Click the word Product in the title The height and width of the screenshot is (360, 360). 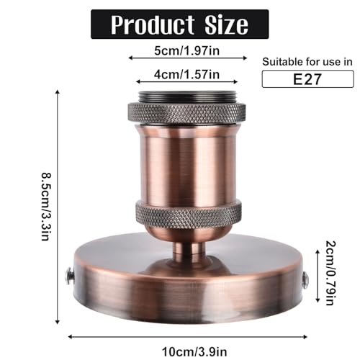click(152, 24)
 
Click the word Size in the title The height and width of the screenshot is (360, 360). click(226, 24)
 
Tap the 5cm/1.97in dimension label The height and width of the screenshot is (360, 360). click(186, 51)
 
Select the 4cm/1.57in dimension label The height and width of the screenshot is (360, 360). click(186, 75)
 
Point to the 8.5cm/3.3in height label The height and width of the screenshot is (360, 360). click(45, 206)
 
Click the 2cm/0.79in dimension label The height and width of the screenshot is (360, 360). click(330, 273)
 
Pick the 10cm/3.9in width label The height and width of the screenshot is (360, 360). click(194, 352)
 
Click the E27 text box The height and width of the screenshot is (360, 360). click(307, 79)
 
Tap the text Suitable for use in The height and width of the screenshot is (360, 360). click(307, 62)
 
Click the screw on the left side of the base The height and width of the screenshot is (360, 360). click(69, 276)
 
